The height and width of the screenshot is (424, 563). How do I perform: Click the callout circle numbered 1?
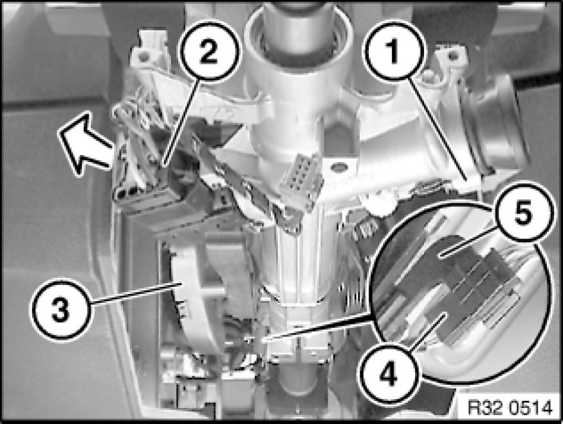click(x=394, y=50)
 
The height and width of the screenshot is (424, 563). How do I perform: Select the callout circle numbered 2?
click(x=208, y=50)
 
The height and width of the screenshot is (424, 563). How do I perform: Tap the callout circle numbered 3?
click(x=61, y=309)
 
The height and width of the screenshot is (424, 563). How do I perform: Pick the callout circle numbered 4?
click(x=389, y=373)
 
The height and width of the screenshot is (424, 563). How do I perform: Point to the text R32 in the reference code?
click(x=484, y=408)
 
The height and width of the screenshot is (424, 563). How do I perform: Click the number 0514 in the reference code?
click(x=530, y=408)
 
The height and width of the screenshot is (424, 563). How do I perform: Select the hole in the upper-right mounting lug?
click(x=453, y=55)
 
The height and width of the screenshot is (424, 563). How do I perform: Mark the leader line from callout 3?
click(x=135, y=295)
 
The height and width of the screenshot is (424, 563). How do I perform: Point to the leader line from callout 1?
click(x=439, y=129)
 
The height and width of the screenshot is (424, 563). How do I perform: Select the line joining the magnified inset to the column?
click(x=316, y=327)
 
